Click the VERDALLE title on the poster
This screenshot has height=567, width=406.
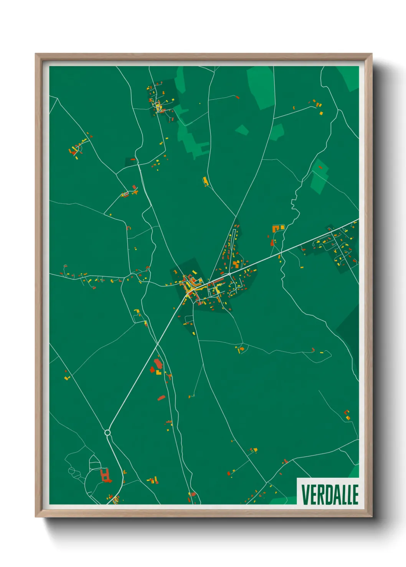[330, 495]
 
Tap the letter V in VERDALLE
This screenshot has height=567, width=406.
[304, 495]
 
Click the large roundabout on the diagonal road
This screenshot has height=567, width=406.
[107, 433]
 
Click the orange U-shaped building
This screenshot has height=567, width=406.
[276, 229]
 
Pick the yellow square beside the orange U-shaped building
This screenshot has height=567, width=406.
[283, 228]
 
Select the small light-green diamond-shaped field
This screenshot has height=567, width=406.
[242, 130]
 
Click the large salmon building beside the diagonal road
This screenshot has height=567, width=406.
[158, 363]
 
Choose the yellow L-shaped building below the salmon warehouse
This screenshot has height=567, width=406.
[158, 372]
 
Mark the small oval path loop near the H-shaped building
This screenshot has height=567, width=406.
[72, 470]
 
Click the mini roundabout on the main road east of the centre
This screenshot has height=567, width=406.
[229, 274]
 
